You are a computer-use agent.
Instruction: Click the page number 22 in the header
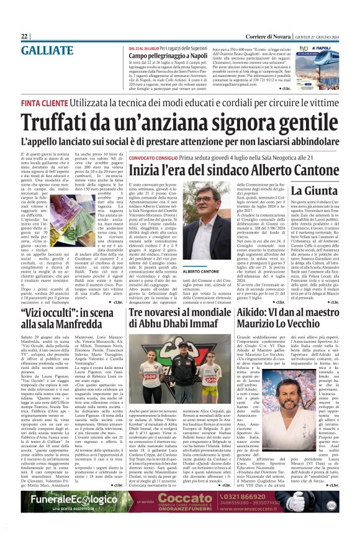coord(25,37)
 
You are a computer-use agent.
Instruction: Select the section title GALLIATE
coord(47,51)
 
